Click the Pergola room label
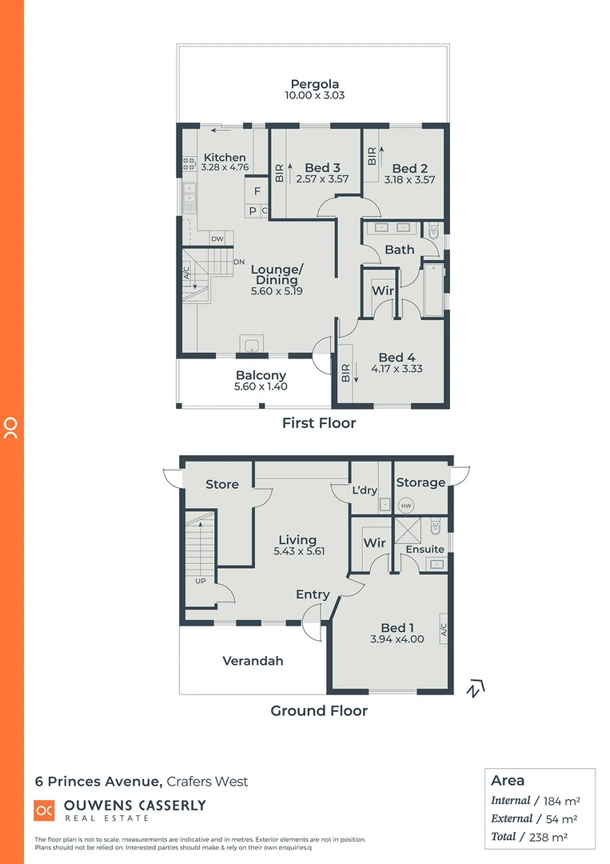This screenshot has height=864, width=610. pos(315,84)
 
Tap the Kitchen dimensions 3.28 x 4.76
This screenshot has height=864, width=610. pos(225,168)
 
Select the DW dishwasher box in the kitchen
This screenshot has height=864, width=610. pos(217,239)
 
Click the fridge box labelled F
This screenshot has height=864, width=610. pos(257,192)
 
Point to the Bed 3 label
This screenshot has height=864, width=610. pos(323,168)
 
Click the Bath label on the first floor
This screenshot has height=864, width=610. pos(399,250)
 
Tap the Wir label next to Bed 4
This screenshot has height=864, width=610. pos(383,290)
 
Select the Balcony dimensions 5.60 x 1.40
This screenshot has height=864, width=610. pos(261,386)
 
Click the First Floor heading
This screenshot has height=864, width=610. pos(319,423)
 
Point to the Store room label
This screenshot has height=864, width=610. pos(222,484)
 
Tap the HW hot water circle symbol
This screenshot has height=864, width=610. pos(406,506)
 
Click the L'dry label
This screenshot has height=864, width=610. pos(365,490)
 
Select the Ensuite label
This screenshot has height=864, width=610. pos(425,550)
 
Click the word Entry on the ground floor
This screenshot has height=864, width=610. pos(313,594)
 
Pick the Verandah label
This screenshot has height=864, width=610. pos(253,661)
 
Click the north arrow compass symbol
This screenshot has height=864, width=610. pos(476,688)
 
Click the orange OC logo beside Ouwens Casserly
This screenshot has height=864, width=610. pos(44,811)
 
